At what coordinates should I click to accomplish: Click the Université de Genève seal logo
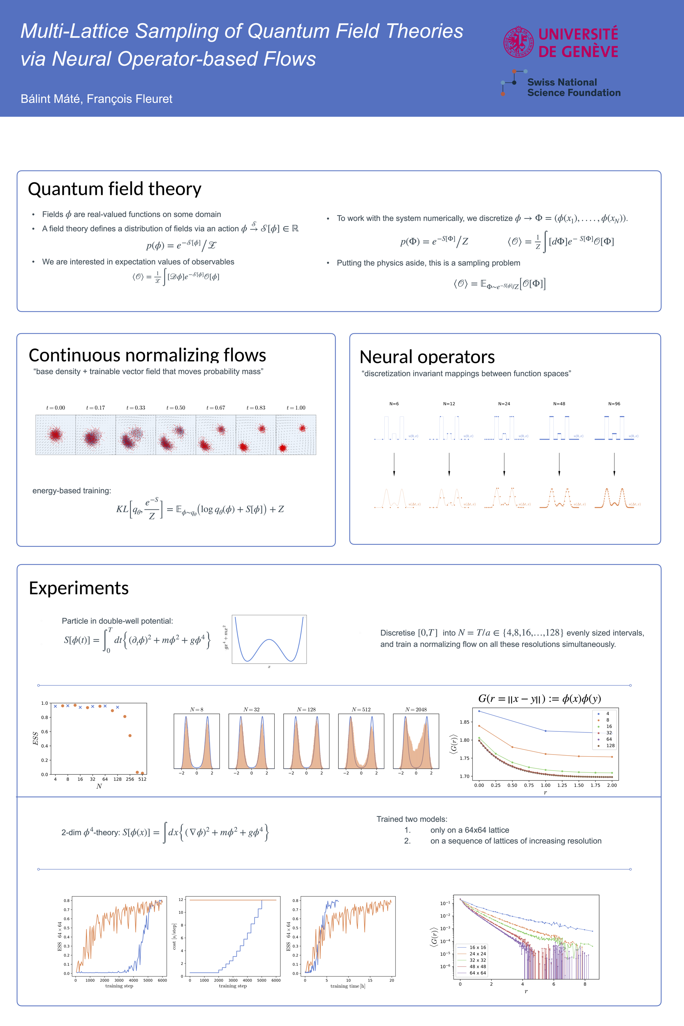(518, 42)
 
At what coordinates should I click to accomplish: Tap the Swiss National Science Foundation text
(573, 87)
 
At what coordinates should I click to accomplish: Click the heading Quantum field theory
(114, 189)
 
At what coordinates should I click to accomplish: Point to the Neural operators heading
(427, 357)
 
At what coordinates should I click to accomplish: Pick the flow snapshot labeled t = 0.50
(176, 435)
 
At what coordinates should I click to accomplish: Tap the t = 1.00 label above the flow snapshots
(296, 408)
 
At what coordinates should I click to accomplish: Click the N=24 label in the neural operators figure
(504, 404)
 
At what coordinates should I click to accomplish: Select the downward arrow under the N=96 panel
(614, 464)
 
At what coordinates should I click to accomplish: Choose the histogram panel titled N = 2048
(416, 741)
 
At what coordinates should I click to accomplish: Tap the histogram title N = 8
(196, 710)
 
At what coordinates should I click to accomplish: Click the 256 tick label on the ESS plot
(130, 779)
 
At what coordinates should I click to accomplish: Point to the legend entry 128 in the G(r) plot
(610, 746)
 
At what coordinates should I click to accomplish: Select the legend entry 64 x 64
(477, 973)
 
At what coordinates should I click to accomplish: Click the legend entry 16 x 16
(477, 948)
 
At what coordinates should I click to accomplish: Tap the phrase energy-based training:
(72, 491)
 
